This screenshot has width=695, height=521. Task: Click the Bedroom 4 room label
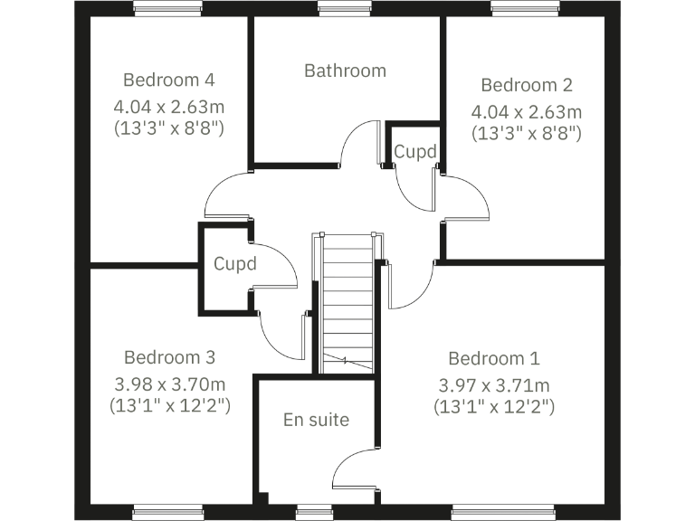pos(169,78)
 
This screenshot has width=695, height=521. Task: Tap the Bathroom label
pos(345,71)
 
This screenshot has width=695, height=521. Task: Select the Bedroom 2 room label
pos(527,85)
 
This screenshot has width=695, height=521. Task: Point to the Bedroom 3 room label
pos(169,356)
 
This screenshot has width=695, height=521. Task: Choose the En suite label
pos(316,420)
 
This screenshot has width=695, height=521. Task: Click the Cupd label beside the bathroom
pos(415,151)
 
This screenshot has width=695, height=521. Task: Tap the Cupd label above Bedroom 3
pos(235,265)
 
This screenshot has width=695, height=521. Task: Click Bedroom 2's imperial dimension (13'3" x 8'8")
pos(527,132)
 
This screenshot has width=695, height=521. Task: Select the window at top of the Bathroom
pos(345,9)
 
